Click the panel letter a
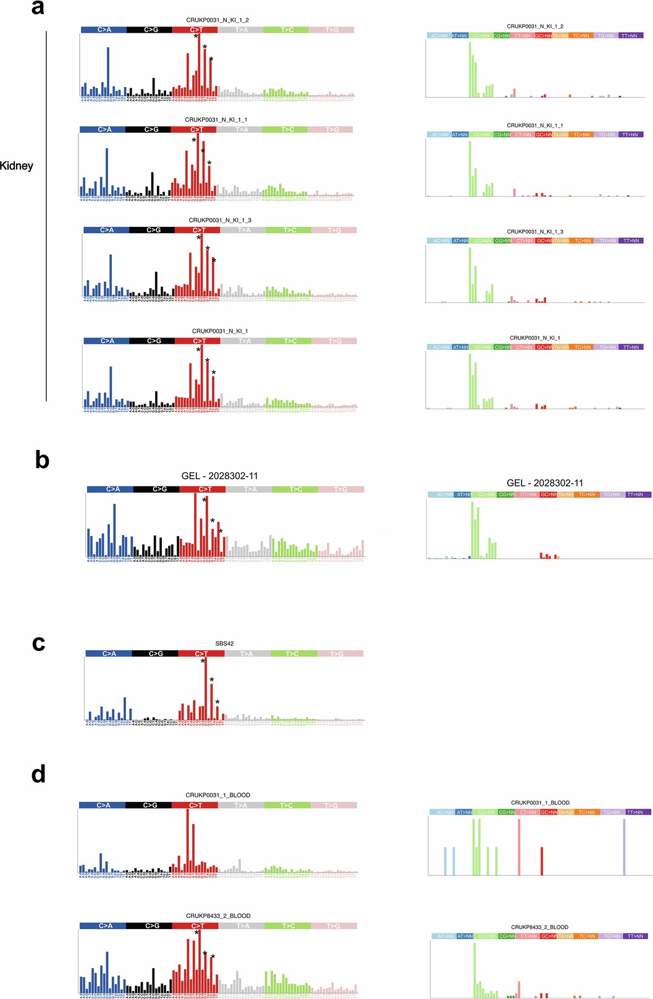[x=38, y=7]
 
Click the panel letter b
[x=42, y=460]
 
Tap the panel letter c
[x=38, y=643]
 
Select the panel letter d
[x=38, y=774]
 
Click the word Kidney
[x=17, y=166]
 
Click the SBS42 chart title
[x=224, y=644]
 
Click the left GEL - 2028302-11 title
[x=219, y=476]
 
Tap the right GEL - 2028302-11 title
[x=544, y=483]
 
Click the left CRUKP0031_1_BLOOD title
[x=217, y=795]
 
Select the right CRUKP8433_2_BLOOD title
[x=539, y=927]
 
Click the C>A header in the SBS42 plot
[x=109, y=653]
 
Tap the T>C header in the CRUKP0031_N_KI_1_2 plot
[x=285, y=30]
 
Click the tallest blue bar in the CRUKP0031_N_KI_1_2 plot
[x=108, y=72]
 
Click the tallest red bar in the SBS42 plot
[x=206, y=689]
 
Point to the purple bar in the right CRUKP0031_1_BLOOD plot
[x=624, y=847]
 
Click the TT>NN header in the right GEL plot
[x=634, y=495]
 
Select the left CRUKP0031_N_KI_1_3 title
[x=220, y=220]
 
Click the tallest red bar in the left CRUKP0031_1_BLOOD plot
[x=187, y=841]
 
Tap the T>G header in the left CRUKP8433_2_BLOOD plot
[x=333, y=926]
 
